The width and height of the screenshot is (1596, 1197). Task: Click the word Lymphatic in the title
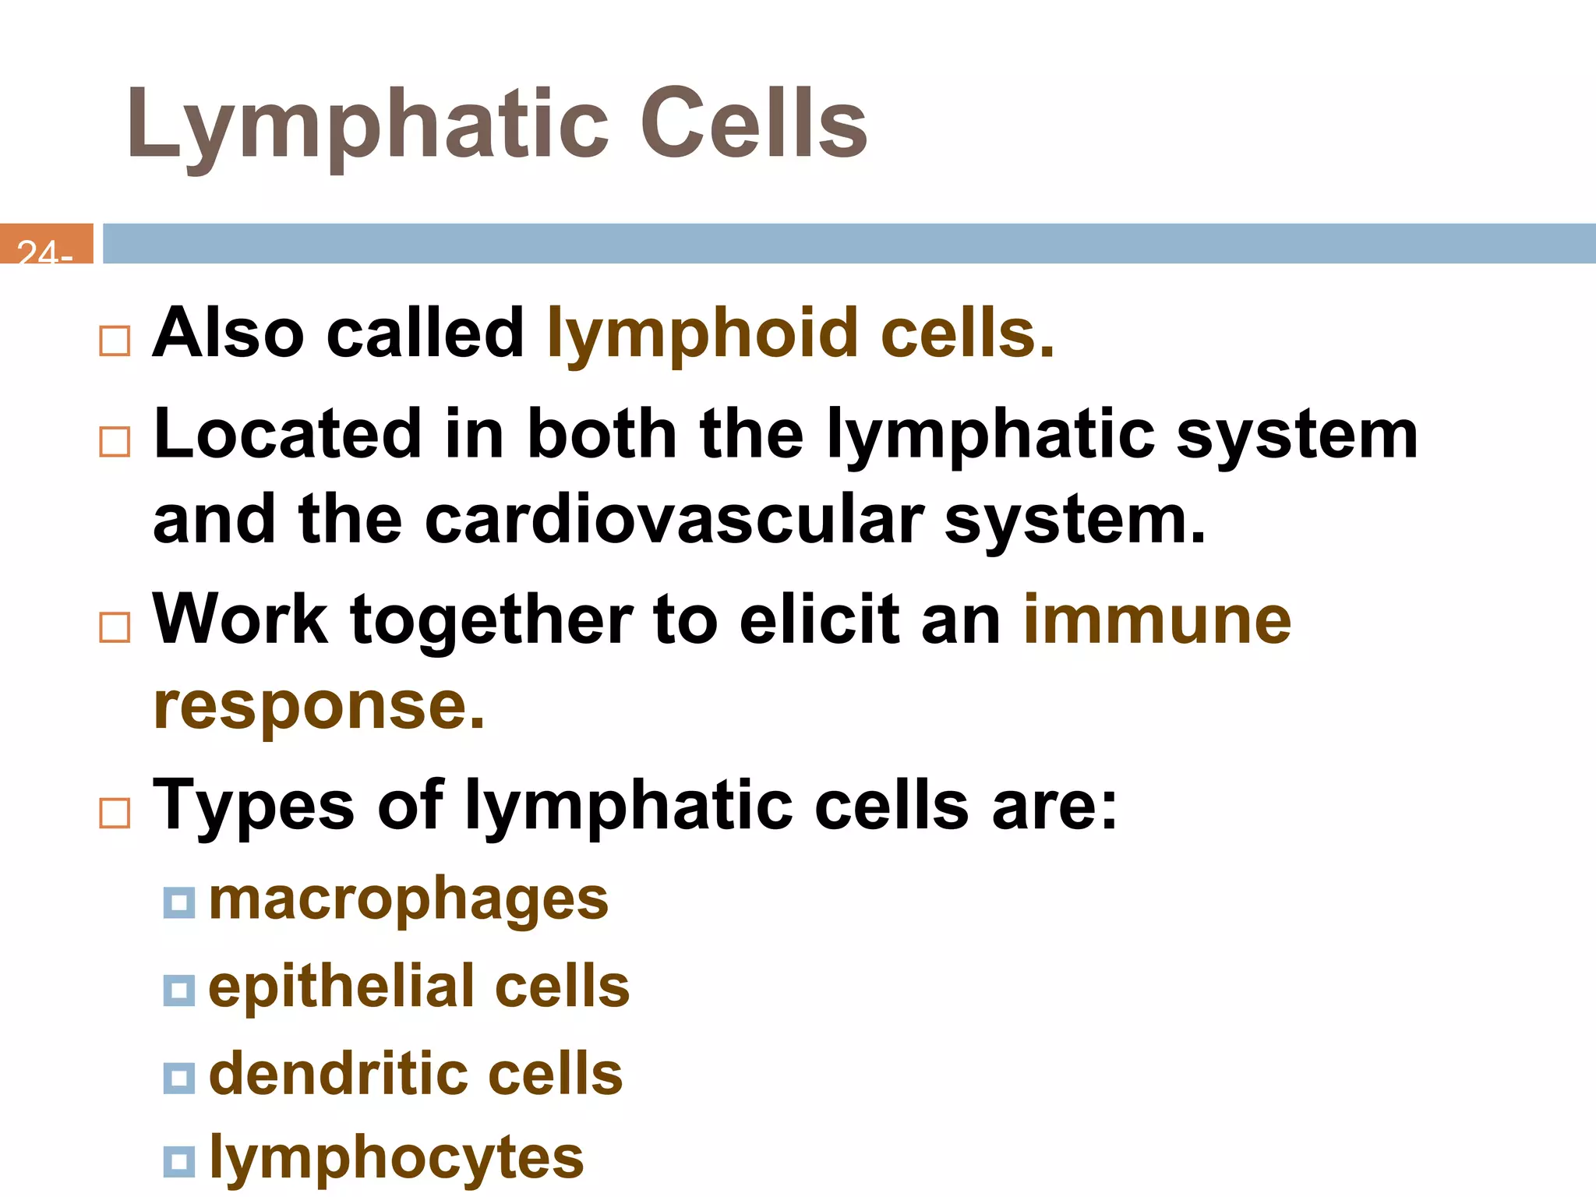[366, 125]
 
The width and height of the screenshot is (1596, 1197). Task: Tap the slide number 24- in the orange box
[45, 251]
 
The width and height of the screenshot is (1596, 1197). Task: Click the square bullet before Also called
[115, 341]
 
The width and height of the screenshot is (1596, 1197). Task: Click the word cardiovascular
[674, 520]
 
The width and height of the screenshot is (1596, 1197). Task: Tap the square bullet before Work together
[115, 627]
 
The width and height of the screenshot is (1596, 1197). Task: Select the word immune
[1157, 621]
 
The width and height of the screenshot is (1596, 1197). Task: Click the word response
[319, 707]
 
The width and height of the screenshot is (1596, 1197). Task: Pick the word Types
[253, 806]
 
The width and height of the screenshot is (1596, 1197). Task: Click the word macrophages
[408, 900]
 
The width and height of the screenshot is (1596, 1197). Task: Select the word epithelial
[341, 987]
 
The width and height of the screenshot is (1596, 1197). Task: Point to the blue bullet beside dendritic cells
[178, 1078]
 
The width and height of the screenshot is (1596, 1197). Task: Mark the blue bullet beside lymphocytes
[178, 1161]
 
